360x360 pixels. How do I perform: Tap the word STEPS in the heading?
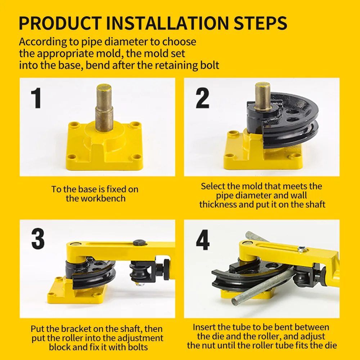coord(261,23)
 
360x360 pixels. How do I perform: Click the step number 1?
coord(36,98)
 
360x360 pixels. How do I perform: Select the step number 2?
coord(202,98)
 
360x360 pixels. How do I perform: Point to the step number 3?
coord(38,239)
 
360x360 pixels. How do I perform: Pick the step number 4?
coord(203,240)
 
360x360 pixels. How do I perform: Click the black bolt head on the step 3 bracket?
coord(139,243)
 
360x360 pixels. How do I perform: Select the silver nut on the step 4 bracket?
coord(302,249)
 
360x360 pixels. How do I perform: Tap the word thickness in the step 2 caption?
coord(218,204)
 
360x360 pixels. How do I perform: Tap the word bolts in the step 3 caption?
coord(138,347)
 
